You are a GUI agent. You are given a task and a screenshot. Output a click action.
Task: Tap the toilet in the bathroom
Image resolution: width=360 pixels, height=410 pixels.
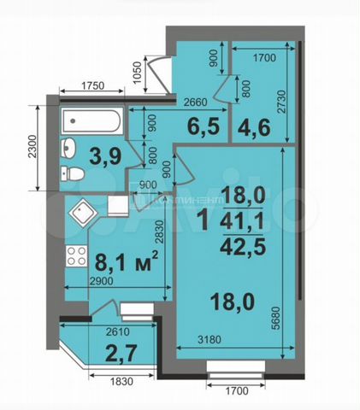[73, 174]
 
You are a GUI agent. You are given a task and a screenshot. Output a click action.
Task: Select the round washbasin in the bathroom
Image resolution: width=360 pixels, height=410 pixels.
[70, 147]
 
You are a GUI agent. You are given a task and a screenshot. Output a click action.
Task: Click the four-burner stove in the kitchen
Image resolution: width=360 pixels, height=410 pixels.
[75, 255]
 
